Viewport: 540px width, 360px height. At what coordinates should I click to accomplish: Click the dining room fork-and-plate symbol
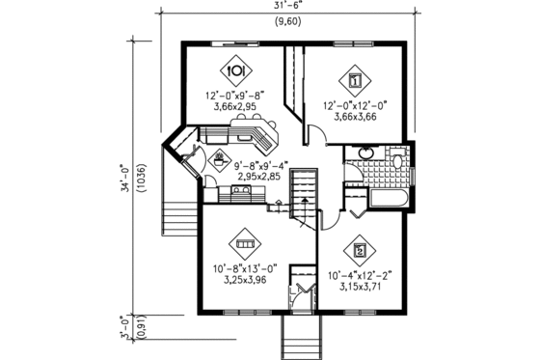235,71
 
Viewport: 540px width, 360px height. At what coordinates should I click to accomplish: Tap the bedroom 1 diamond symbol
355,80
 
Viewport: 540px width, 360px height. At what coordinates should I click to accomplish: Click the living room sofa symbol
245,244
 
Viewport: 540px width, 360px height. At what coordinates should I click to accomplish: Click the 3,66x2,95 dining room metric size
234,107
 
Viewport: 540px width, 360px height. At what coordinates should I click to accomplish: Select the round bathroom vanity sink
366,154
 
